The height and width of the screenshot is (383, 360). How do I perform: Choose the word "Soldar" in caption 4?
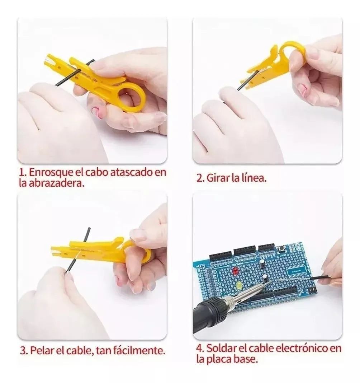[221, 348]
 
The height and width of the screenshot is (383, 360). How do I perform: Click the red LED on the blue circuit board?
[236, 271]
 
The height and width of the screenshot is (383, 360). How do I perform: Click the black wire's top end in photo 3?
[89, 229]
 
